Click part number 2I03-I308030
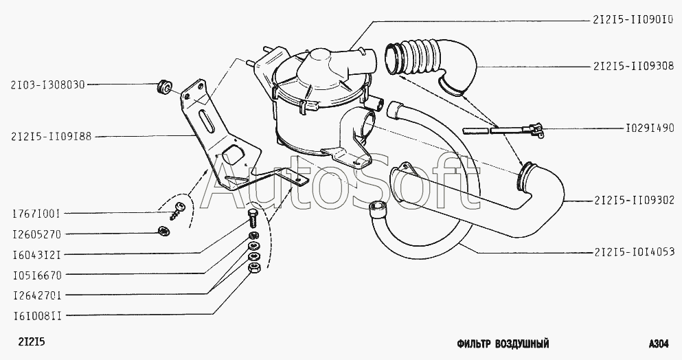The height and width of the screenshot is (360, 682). click(47, 85)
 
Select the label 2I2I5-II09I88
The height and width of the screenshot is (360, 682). click(52, 137)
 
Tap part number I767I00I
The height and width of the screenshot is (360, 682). click(36, 214)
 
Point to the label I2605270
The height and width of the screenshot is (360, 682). click(36, 234)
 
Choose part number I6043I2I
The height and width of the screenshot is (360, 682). click(36, 254)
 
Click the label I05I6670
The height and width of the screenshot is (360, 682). click(36, 274)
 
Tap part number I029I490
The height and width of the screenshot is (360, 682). click(650, 128)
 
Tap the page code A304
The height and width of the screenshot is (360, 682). click(659, 344)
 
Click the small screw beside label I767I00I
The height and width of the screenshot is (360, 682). click(179, 210)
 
